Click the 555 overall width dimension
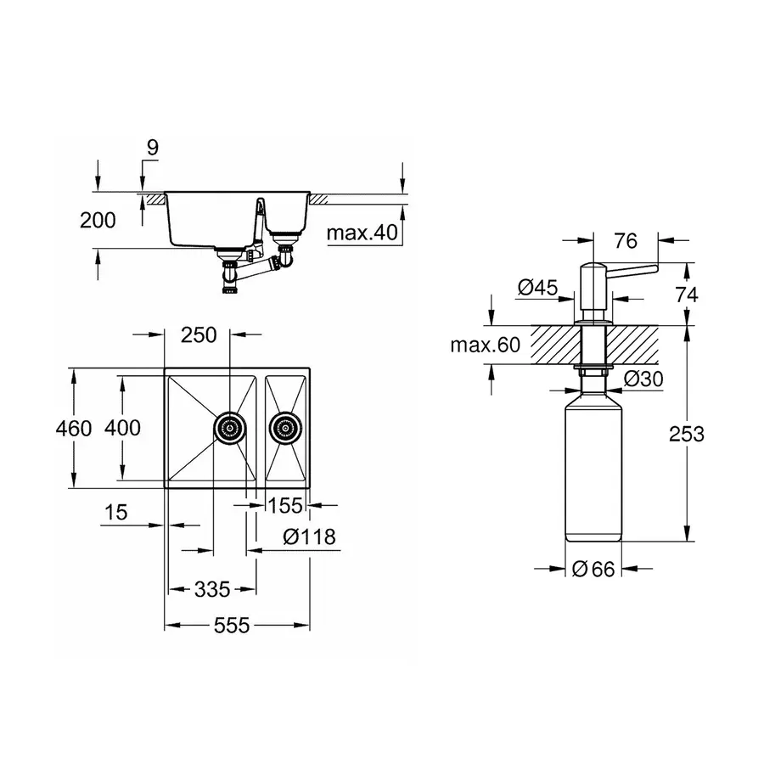tap(232, 625)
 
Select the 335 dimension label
tap(212, 590)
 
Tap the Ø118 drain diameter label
tap(309, 537)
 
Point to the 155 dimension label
tap(285, 506)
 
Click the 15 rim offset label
tap(116, 512)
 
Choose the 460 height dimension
tap(74, 429)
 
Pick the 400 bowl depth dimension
tap(122, 428)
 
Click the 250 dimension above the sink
tap(199, 335)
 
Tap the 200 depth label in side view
tap(98, 221)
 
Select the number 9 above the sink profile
tap(153, 147)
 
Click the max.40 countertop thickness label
tap(362, 233)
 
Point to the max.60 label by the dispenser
tap(486, 345)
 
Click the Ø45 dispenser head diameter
tap(537, 288)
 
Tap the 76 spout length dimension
tap(626, 241)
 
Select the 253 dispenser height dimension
tap(687, 434)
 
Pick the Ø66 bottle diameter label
tap(593, 569)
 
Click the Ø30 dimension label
tap(643, 379)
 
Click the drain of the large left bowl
tap(229, 428)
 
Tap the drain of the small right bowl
tap(285, 429)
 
